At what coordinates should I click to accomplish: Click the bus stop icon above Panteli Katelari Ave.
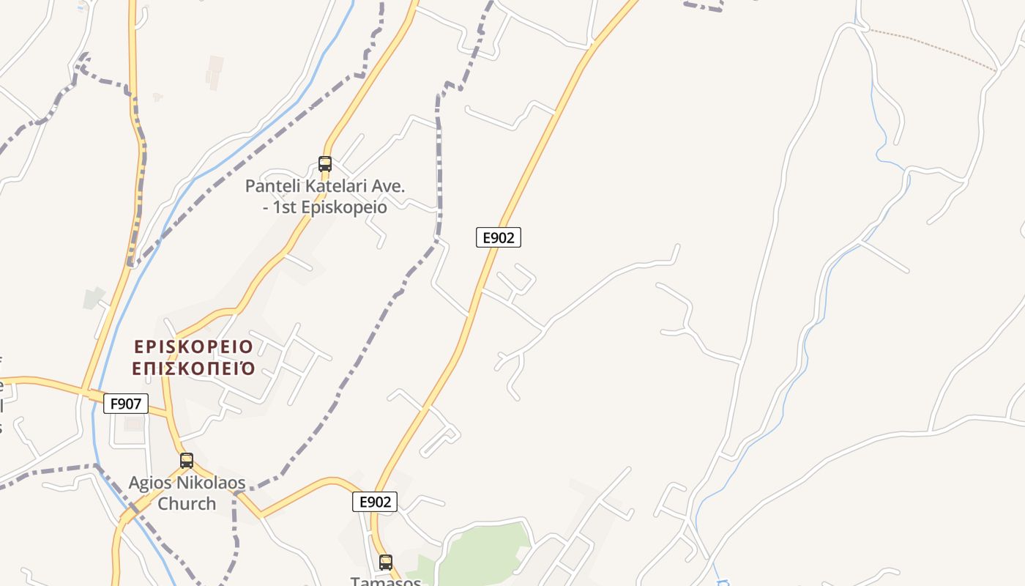point(325,164)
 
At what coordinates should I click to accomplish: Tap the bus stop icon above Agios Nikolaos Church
point(187,461)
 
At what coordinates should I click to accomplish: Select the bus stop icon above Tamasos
point(386,563)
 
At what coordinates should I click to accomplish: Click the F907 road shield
point(126,404)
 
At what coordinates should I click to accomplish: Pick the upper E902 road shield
point(498,237)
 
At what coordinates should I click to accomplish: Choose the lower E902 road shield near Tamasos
point(375,502)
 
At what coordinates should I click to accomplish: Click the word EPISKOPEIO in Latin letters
point(193,346)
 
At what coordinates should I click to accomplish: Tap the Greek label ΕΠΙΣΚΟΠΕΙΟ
point(193,368)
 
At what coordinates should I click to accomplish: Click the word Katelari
point(335,187)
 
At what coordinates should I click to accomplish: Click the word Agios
point(151,483)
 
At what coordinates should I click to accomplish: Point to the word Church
point(187,504)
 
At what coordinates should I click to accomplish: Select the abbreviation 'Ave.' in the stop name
point(387,187)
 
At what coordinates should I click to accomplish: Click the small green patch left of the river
point(93,297)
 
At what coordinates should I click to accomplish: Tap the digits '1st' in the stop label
point(284,207)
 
